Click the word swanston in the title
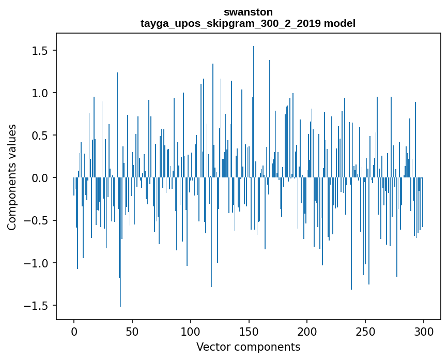(248, 12)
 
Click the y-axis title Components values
(12, 177)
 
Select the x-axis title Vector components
(248, 347)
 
